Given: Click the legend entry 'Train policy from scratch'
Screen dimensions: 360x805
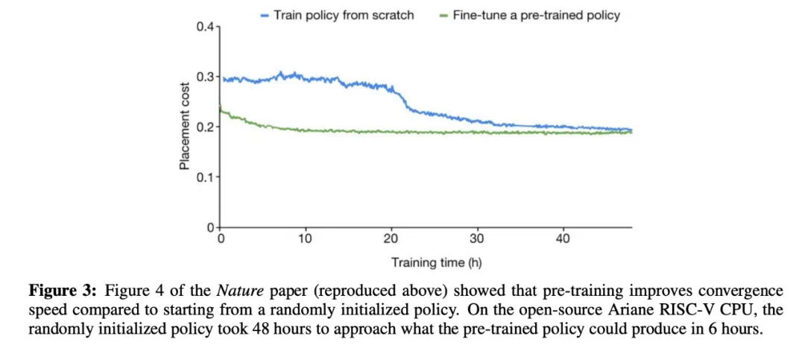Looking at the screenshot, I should pos(344,15).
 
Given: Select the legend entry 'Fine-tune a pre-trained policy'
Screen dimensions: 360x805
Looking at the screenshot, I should pos(535,15).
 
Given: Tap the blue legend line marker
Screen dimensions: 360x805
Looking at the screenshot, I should pos(265,16).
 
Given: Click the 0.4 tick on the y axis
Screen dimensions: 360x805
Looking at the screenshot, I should pos(205,28).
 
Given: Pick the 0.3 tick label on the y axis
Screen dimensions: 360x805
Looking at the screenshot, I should pos(205,77).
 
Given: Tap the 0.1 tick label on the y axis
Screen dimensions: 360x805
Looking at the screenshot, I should pos(205,177).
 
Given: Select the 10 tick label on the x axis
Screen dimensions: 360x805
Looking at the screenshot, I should pos(306,239).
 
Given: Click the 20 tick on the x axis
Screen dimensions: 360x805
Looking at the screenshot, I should pos(391,239).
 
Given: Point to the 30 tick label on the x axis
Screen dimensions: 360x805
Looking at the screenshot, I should pos(477,239).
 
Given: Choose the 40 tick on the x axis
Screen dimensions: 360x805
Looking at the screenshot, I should pos(563,239).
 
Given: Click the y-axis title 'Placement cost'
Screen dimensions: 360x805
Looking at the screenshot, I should pos(184,127).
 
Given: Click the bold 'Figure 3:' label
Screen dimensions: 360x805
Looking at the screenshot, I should pos(63,291).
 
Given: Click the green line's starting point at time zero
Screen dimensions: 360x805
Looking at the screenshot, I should pos(221,108).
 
